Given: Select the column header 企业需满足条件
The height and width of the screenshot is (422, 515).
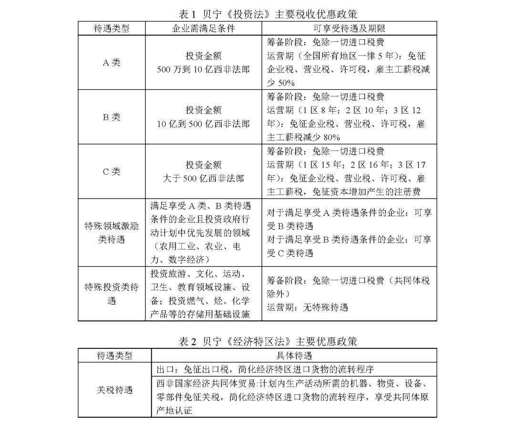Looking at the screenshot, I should click(x=204, y=28).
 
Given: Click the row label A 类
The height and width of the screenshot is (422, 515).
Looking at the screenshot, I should click(x=112, y=63).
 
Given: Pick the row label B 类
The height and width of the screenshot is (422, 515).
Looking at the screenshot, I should click(x=112, y=117).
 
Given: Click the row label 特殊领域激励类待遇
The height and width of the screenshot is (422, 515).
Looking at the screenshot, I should click(x=112, y=232).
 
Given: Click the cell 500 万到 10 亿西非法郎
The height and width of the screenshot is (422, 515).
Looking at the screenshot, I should click(x=204, y=69).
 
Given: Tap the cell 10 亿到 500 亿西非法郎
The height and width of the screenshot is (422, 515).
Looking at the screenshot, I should click(x=204, y=124).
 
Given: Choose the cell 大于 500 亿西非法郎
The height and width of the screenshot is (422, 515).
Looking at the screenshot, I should click(x=204, y=179).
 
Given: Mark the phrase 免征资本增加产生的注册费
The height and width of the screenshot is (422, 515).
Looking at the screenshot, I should click(x=372, y=192).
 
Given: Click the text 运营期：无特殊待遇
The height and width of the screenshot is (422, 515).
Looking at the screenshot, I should click(x=307, y=307).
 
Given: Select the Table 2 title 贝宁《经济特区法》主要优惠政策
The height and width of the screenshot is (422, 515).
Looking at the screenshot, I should click(x=257, y=341).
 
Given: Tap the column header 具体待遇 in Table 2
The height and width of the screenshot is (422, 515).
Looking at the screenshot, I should click(x=294, y=356).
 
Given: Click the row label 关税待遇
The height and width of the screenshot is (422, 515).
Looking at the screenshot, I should click(x=114, y=390).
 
